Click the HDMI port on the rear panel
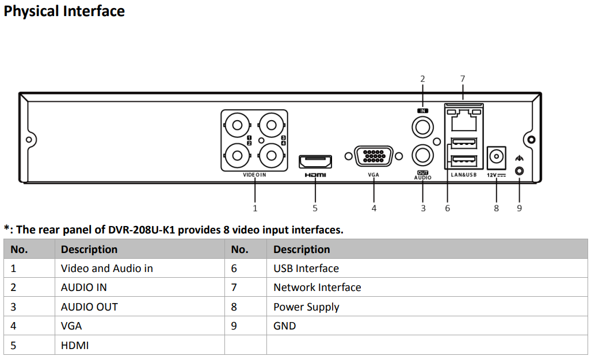tap(315, 160)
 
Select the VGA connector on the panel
tap(373, 156)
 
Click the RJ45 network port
tap(463, 121)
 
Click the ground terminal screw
tap(520, 171)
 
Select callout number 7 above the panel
tap(463, 79)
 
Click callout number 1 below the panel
tap(255, 208)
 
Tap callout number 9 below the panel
tap(519, 208)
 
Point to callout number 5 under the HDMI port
tap(315, 208)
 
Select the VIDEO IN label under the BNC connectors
tap(254, 175)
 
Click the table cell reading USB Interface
tap(306, 269)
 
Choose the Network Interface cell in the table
tap(317, 288)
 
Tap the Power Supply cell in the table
tap(306, 307)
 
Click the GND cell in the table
tap(284, 326)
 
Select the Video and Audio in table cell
tap(107, 269)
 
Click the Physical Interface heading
tap(64, 11)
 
